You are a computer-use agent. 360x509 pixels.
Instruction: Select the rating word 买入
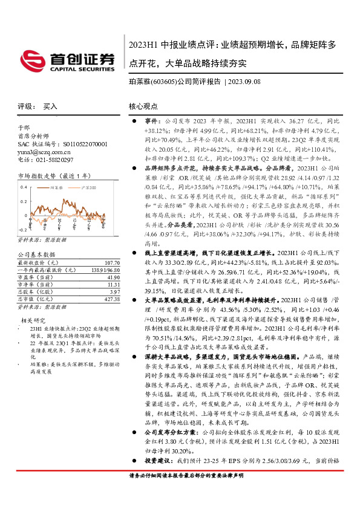[x=50, y=106]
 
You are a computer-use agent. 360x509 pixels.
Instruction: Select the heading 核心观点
[x=143, y=106]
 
